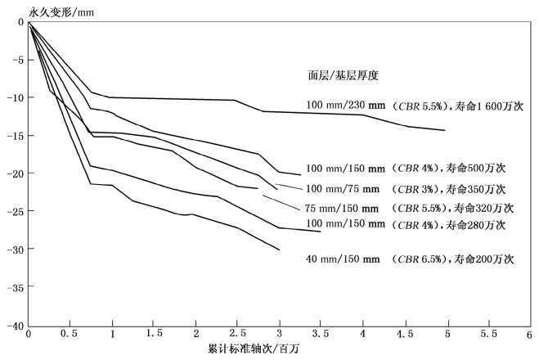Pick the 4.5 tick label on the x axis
coord(404,335)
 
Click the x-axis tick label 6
coord(529,335)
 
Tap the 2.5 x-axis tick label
coord(237,335)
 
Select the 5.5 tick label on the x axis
coord(487,335)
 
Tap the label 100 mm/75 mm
coord(342,188)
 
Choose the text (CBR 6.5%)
coord(419,259)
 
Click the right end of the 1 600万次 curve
coord(445,130)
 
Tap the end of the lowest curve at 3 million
coord(280,250)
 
